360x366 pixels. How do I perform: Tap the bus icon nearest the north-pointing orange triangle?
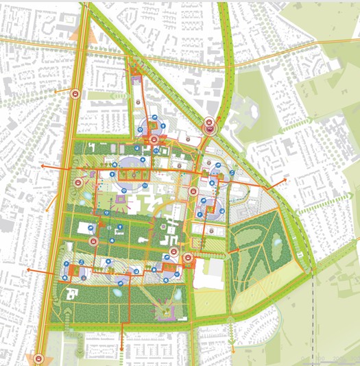click(x=74, y=95)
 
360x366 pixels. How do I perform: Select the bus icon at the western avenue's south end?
click(x=39, y=357)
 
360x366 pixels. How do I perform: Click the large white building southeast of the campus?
click(x=213, y=268)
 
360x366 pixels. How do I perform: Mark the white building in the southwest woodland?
click(x=71, y=294)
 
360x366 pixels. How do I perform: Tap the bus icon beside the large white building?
click(x=187, y=258)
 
